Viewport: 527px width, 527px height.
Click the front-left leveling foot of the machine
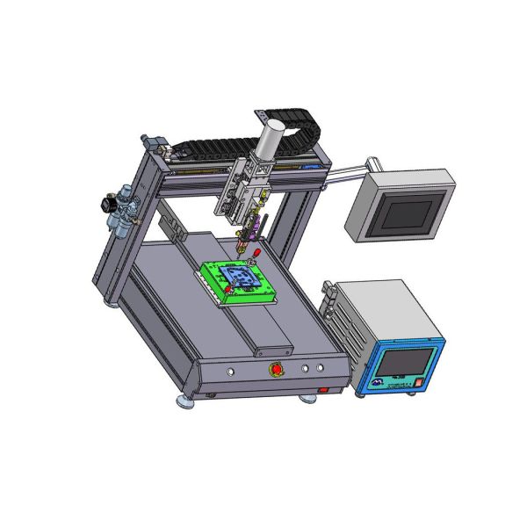point(186,402)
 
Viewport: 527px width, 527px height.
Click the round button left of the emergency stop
point(231,372)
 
